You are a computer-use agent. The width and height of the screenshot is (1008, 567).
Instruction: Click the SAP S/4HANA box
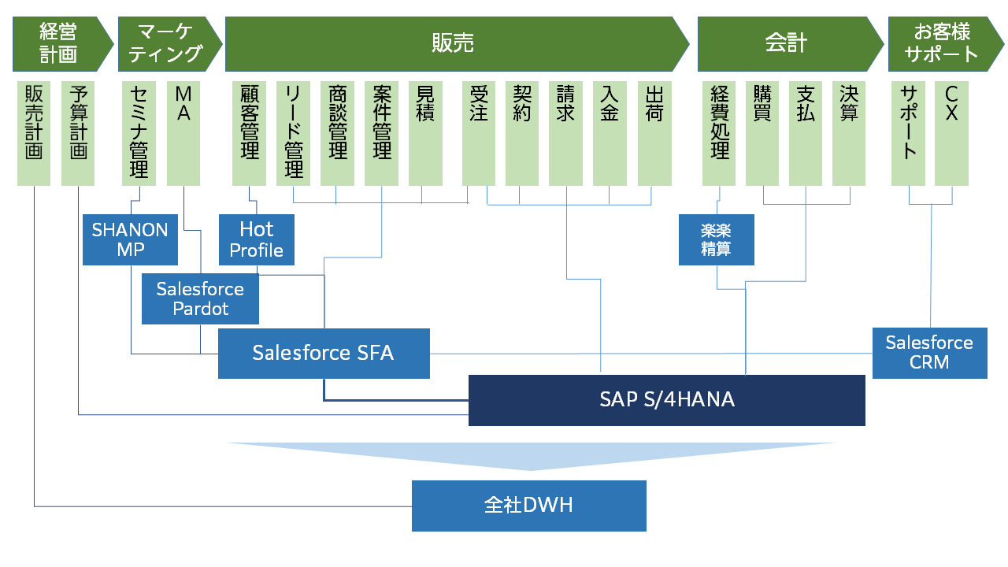click(x=666, y=400)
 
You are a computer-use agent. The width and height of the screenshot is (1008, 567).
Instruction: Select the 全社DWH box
click(x=528, y=506)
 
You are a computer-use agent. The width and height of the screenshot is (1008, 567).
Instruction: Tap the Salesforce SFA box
click(x=323, y=353)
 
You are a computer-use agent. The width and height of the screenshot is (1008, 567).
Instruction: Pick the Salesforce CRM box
click(x=929, y=353)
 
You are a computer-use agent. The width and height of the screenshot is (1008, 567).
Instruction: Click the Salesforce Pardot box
click(x=200, y=299)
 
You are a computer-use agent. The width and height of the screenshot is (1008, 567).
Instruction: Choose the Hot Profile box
click(x=256, y=239)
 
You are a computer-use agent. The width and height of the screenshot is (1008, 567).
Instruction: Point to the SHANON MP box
click(x=130, y=239)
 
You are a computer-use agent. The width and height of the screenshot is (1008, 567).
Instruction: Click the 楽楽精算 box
click(x=716, y=239)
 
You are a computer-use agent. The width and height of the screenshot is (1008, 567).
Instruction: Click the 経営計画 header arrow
click(x=60, y=43)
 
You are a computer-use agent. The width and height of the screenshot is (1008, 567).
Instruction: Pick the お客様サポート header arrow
click(x=941, y=43)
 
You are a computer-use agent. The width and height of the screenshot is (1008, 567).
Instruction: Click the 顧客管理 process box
click(x=250, y=132)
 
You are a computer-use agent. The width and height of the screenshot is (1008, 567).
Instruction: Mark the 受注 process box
click(x=479, y=132)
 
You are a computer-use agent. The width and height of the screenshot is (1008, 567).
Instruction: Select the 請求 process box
click(x=565, y=132)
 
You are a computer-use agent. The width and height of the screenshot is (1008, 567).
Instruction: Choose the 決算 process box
click(x=849, y=132)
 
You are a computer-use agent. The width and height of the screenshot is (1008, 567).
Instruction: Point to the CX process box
click(x=951, y=132)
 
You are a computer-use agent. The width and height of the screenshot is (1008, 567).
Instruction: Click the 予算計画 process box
click(x=78, y=132)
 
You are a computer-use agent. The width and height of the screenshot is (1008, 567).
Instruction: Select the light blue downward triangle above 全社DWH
click(x=530, y=455)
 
